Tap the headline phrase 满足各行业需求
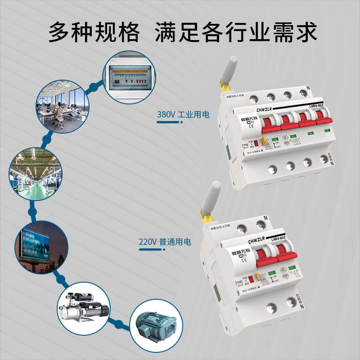point(236,32)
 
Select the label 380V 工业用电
point(183,115)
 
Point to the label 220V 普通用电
point(165,242)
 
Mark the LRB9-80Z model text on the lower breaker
point(278,238)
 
